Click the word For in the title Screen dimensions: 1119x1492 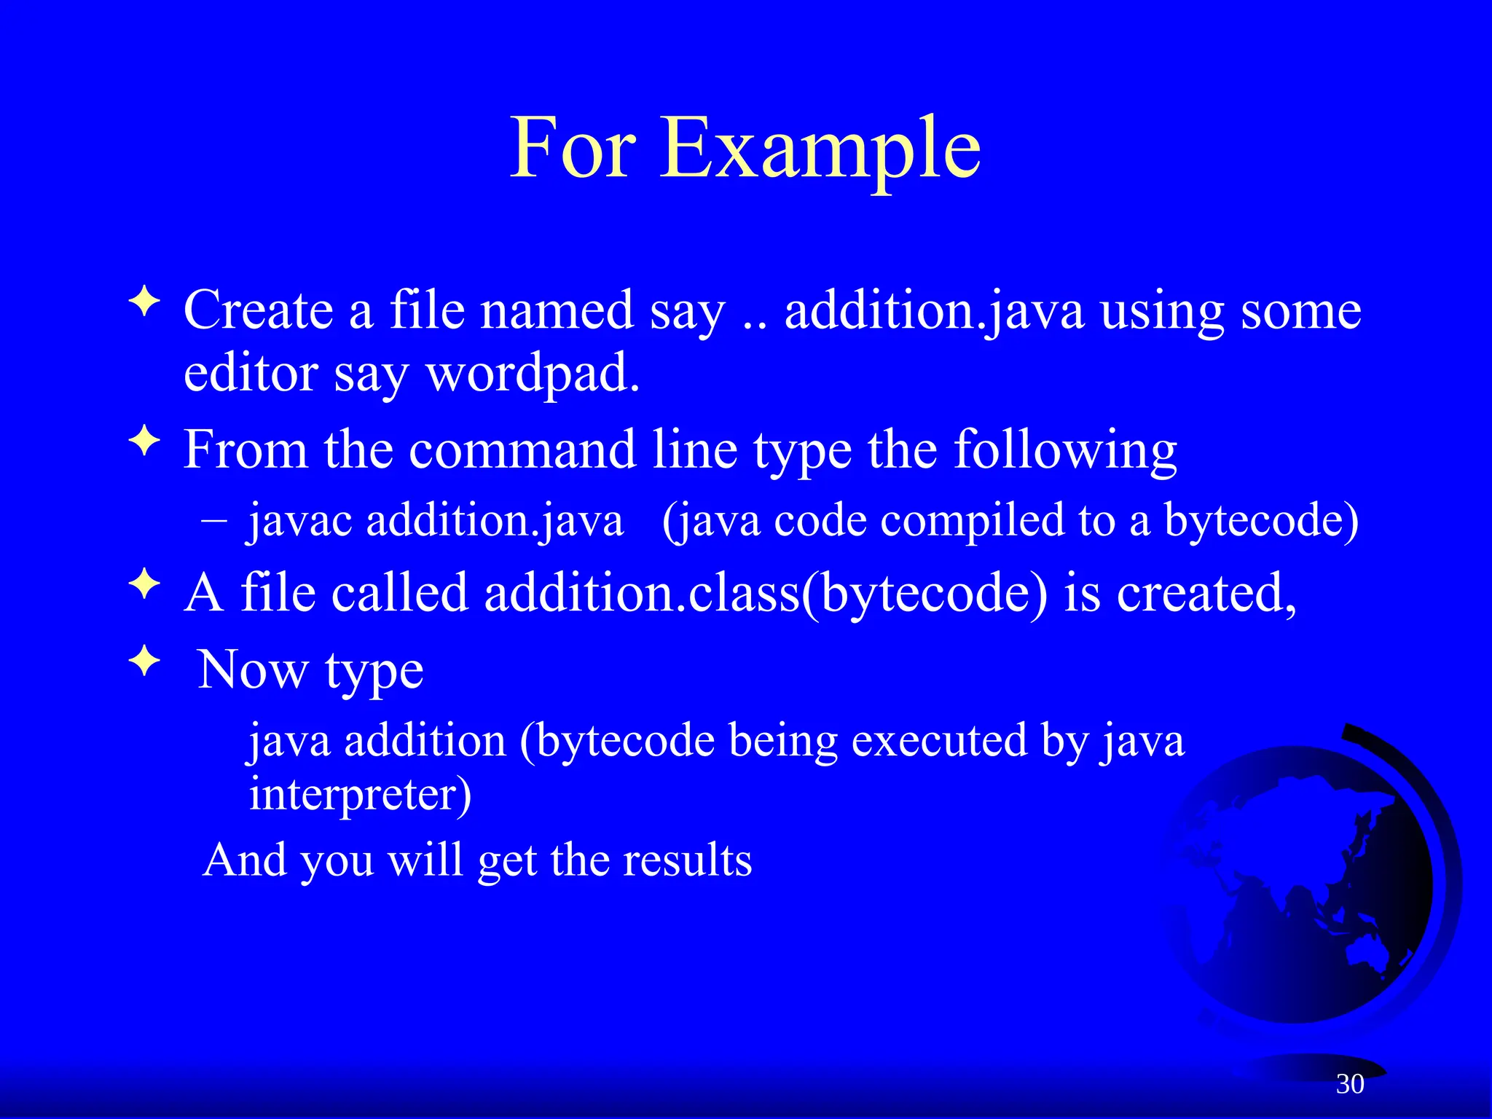[573, 149]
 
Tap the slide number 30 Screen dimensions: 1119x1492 [1350, 1084]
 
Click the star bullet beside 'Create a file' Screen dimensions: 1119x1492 [145, 302]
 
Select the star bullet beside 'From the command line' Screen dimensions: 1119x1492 [145, 441]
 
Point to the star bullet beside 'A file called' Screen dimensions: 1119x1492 [145, 584]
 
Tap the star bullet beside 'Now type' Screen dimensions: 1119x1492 [145, 661]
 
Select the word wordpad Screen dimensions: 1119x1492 [533, 374]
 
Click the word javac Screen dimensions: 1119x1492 [300, 522]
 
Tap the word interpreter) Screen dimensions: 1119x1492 [360, 793]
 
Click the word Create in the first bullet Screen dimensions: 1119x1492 [258, 310]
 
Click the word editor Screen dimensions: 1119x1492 [250, 374]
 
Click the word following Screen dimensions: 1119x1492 [1065, 451]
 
